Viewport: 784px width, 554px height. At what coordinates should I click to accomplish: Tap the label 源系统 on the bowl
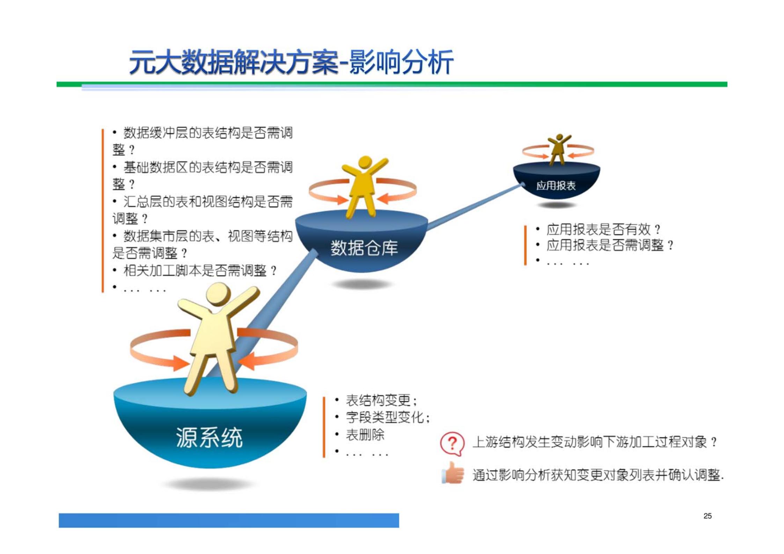pyautogui.click(x=209, y=437)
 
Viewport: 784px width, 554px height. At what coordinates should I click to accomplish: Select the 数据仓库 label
pyautogui.click(x=364, y=248)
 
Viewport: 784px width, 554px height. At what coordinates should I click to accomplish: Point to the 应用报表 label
pyautogui.click(x=556, y=186)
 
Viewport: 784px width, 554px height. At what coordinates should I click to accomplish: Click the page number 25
pyautogui.click(x=707, y=516)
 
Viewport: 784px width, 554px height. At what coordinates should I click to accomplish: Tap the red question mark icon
pyautogui.click(x=452, y=443)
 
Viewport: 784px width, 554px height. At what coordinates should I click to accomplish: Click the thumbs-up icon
pyautogui.click(x=453, y=473)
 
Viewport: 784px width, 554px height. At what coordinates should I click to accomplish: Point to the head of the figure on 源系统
pyautogui.click(x=218, y=293)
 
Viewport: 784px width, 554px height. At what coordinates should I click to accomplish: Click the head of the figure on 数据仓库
pyautogui.click(x=365, y=163)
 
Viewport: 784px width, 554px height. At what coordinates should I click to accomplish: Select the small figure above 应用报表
pyautogui.click(x=559, y=149)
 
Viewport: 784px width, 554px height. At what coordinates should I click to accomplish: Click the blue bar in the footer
pyautogui.click(x=229, y=520)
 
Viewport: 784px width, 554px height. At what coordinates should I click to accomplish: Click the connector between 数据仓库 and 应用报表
pyautogui.click(x=475, y=207)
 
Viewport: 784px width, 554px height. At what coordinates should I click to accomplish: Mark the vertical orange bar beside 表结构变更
pyautogui.click(x=324, y=427)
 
